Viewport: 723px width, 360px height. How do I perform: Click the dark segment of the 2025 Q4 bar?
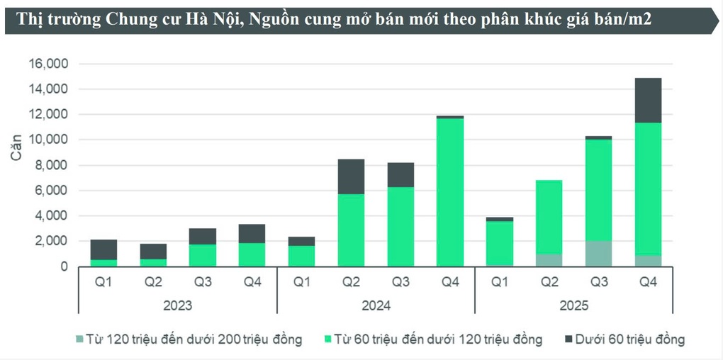pyautogui.click(x=648, y=100)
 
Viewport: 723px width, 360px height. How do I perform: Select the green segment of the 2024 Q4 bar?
pyautogui.click(x=450, y=191)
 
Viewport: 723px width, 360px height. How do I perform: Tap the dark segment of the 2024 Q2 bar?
pyautogui.click(x=351, y=176)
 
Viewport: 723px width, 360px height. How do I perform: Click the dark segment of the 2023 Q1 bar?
pyautogui.click(x=103, y=249)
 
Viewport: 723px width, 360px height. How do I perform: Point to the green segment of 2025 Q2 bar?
pyautogui.click(x=549, y=216)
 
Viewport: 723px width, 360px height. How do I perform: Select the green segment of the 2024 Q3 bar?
pyautogui.click(x=400, y=226)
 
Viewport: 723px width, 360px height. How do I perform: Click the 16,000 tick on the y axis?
pyautogui.click(x=48, y=64)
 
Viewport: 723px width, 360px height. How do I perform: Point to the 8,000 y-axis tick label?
pyautogui.click(x=51, y=165)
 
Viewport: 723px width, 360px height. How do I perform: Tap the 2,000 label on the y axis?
pyautogui.click(x=51, y=241)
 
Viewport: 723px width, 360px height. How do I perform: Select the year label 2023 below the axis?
pyautogui.click(x=177, y=306)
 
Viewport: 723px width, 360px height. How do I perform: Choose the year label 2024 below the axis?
pyautogui.click(x=376, y=306)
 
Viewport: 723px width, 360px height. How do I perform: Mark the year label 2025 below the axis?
pyautogui.click(x=574, y=306)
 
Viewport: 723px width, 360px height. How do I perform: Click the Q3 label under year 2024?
pyautogui.click(x=400, y=281)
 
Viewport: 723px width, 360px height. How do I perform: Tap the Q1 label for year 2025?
pyautogui.click(x=500, y=281)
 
